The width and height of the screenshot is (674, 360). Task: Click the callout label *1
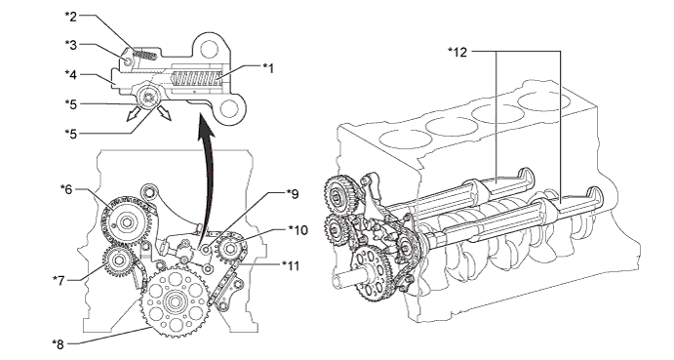tap(268, 68)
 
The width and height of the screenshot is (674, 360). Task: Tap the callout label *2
tap(71, 17)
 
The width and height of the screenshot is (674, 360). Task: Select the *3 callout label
tap(71, 45)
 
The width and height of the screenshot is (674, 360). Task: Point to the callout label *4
tap(71, 74)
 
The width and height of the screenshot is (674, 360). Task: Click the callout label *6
tap(66, 189)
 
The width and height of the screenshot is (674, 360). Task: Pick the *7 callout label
tap(59, 280)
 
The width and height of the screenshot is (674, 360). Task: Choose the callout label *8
tap(58, 344)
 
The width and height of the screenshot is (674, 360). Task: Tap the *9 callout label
tap(293, 194)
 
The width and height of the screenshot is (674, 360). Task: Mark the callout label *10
tap(297, 230)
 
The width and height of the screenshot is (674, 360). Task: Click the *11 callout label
tap(291, 265)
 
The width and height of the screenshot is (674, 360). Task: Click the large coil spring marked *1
tap(196, 78)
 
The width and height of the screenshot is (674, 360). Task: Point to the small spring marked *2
tap(144, 55)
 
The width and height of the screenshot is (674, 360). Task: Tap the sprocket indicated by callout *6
tap(125, 222)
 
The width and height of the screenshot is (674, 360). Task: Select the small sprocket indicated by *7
tap(118, 261)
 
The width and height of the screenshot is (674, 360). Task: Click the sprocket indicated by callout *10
tap(230, 249)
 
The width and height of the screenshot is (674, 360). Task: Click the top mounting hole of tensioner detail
tap(209, 47)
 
